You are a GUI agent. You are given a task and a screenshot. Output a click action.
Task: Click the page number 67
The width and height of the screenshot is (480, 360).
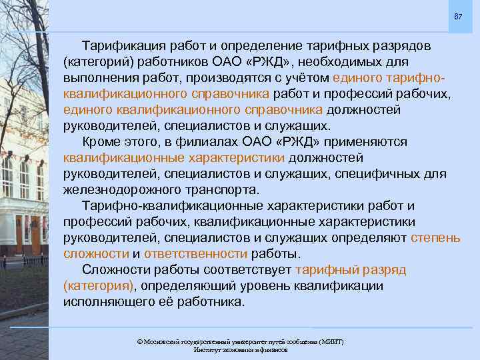[457, 16]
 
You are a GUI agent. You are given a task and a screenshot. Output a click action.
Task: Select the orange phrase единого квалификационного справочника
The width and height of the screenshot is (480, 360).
[193, 110]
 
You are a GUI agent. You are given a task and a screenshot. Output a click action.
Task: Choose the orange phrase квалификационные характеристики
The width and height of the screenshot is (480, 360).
[174, 158]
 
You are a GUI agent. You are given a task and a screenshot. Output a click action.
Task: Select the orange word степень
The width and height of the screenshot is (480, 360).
[435, 237]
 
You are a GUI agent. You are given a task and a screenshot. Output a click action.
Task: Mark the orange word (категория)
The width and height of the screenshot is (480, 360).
[98, 285]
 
